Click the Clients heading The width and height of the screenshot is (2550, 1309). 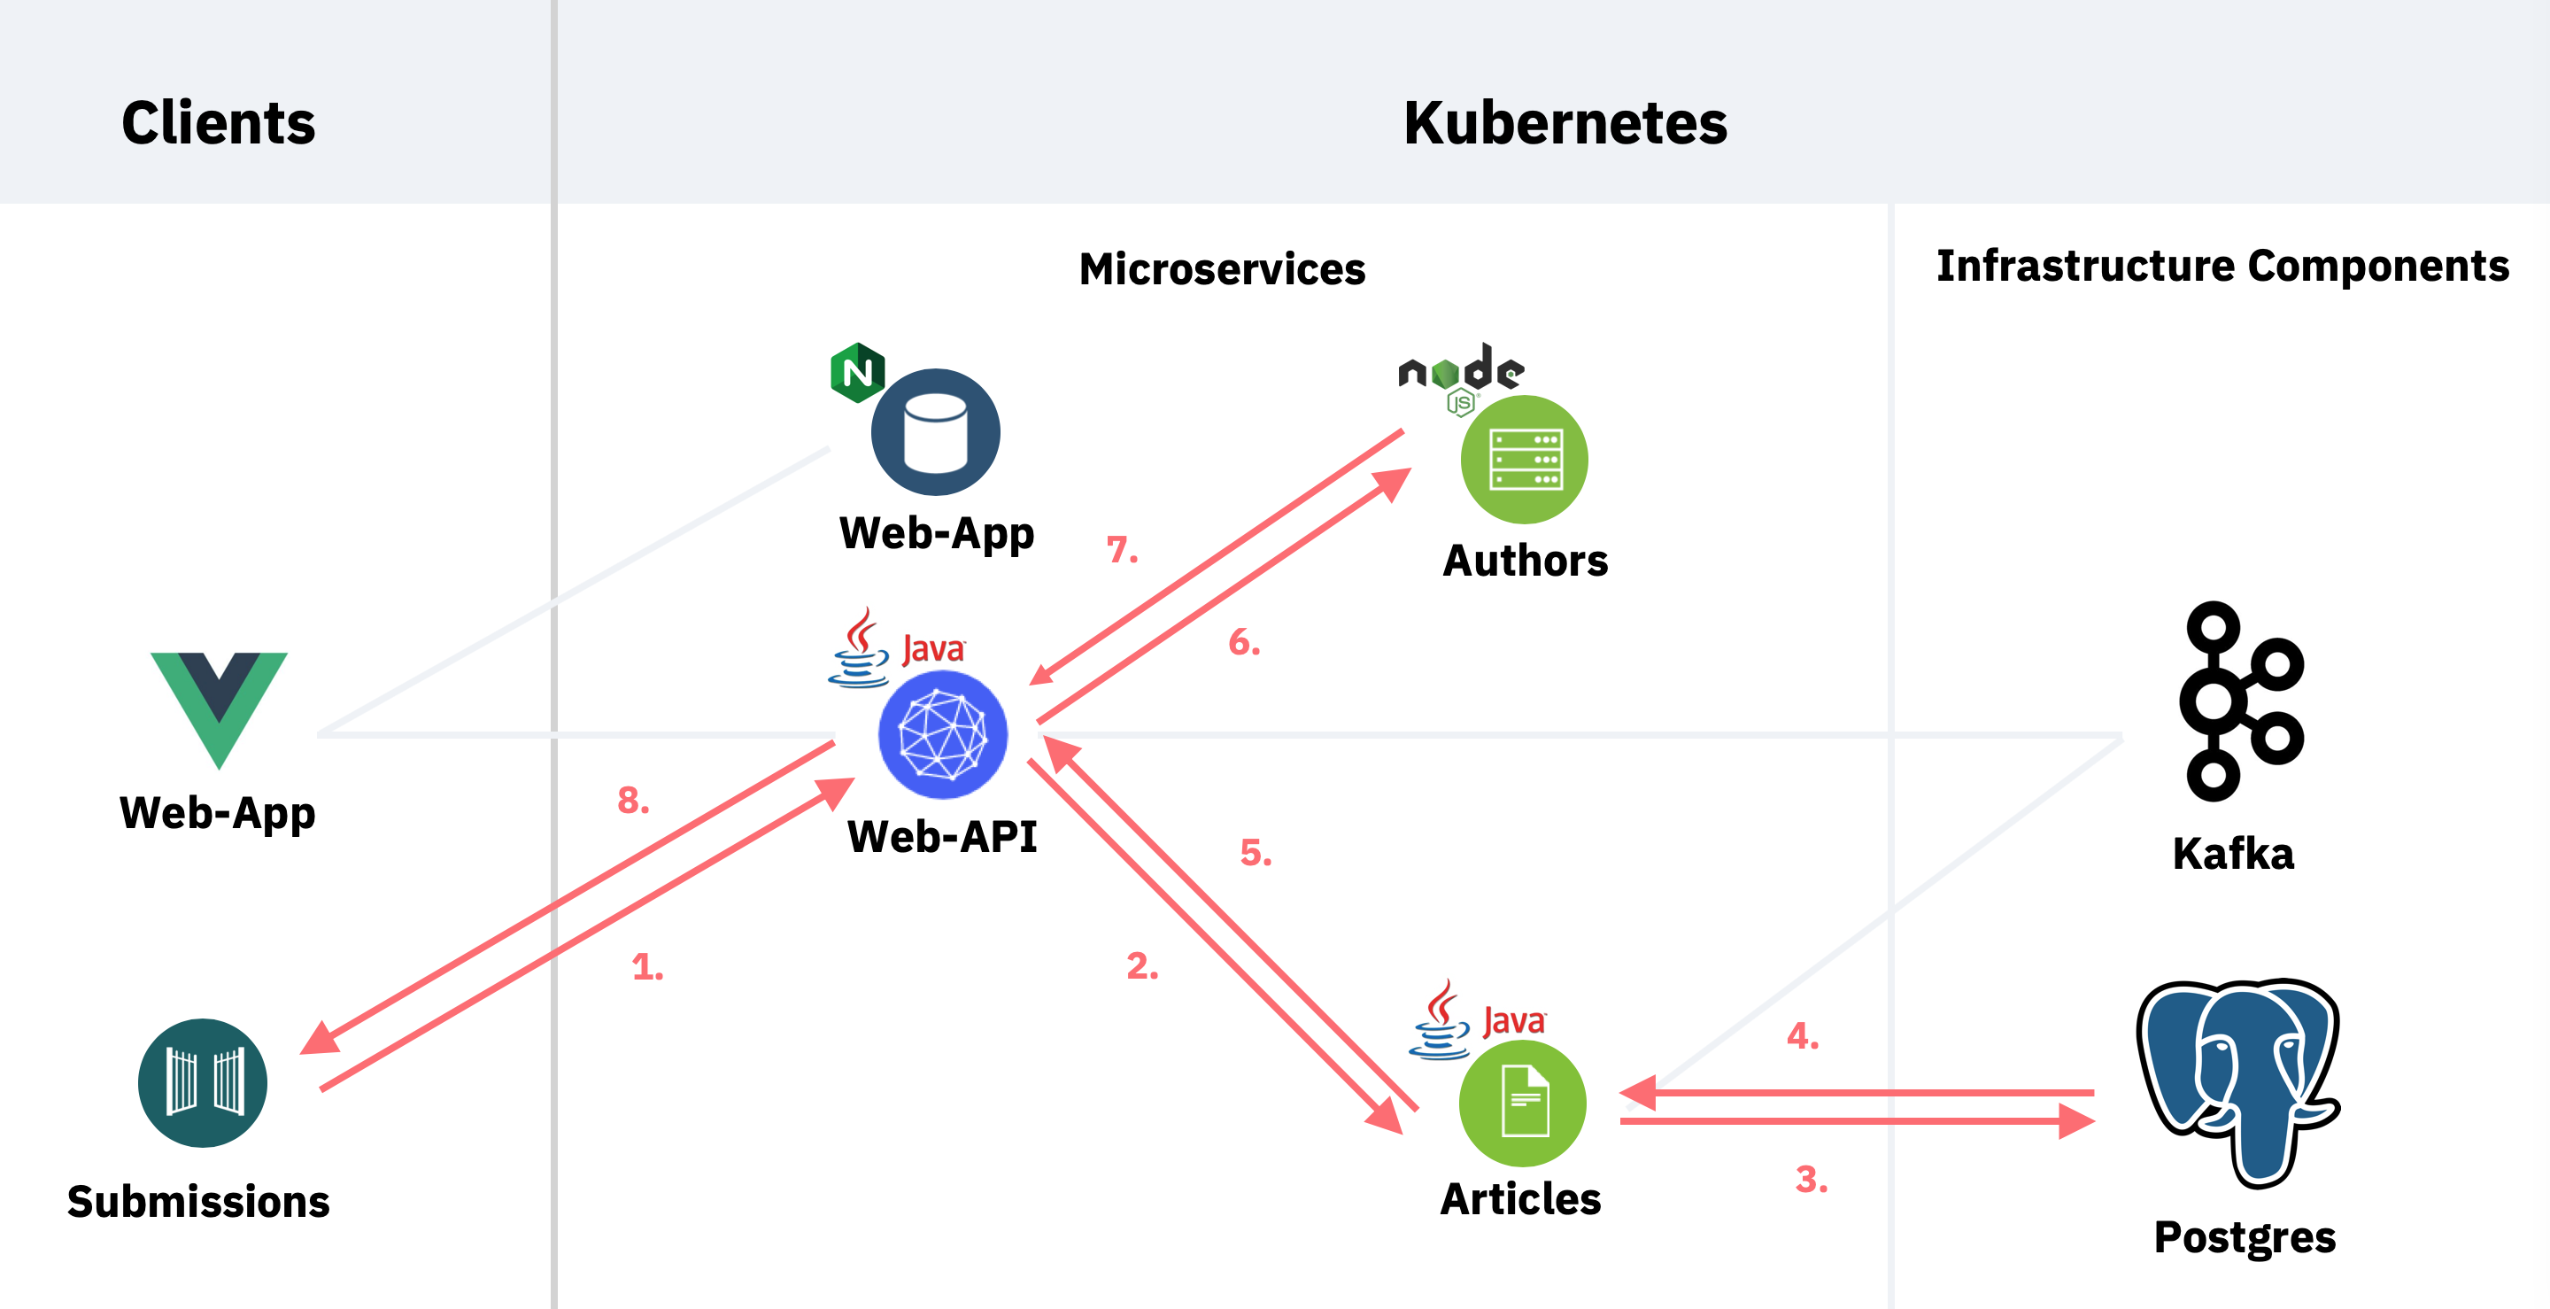tap(218, 123)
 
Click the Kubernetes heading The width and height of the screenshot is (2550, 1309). tap(1565, 123)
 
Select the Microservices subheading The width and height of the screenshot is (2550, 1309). tap(1222, 269)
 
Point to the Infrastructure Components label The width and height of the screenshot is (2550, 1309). tap(2222, 266)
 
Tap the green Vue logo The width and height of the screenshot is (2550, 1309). tap(219, 708)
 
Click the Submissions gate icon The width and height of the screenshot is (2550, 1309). tap(203, 1082)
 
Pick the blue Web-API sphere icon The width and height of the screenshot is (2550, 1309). tap(942, 735)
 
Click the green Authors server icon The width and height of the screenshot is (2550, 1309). tap(1525, 460)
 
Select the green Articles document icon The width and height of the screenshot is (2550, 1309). tap(1524, 1102)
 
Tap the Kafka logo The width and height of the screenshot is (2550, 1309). tap(2239, 701)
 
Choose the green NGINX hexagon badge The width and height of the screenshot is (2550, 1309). tap(857, 372)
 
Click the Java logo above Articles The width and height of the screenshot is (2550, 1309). tap(1477, 1020)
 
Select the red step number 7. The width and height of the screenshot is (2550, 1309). tap(1122, 549)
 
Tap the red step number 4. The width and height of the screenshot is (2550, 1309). tap(1803, 1035)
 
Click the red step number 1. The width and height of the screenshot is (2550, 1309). tap(647, 966)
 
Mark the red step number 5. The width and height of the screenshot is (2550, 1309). tap(1256, 853)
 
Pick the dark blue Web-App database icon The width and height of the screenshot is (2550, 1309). tap(936, 433)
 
